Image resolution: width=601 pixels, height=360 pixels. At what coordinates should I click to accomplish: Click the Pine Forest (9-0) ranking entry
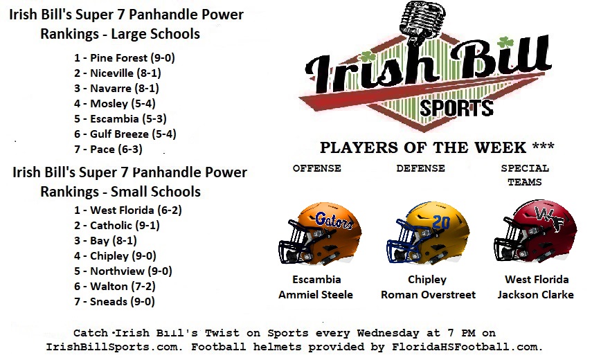tap(125, 58)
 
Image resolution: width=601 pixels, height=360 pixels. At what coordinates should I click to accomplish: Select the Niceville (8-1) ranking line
tap(118, 73)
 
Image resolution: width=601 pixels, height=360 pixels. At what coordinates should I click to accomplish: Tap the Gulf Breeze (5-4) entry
tap(125, 134)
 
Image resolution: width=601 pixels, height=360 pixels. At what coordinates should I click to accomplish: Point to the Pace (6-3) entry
tap(109, 149)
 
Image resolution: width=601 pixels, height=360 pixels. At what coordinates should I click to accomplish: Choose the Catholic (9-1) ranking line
tap(117, 226)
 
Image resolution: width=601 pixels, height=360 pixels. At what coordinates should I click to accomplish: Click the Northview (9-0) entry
tap(123, 271)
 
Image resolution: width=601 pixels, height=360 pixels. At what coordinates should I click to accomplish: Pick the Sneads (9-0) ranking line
tap(115, 302)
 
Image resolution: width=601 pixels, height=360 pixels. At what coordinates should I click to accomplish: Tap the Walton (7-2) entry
tap(115, 287)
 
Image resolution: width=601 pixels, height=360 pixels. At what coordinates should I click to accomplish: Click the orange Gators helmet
tap(320, 234)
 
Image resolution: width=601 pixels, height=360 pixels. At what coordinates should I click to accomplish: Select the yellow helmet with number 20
tap(428, 233)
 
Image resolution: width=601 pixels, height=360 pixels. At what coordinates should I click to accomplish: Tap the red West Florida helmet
tap(535, 231)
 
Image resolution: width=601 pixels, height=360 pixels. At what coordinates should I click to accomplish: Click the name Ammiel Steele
tap(316, 295)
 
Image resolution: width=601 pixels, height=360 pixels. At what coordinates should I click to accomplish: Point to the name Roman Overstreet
tap(428, 295)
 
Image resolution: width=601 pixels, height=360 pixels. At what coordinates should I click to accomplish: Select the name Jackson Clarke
tap(536, 295)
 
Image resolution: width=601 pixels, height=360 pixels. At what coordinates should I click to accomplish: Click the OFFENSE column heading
tap(317, 168)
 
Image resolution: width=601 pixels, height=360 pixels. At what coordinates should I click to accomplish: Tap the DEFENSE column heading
tap(421, 168)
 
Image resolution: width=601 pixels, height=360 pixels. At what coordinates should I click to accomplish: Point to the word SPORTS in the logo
tap(456, 108)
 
